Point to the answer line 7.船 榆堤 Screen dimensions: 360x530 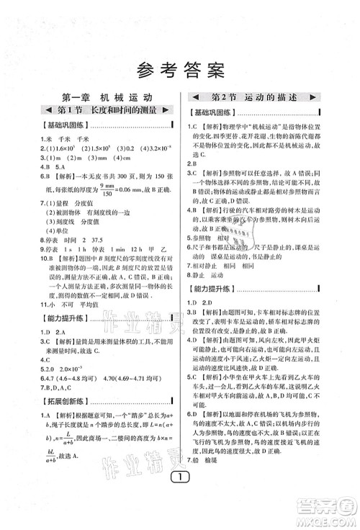click(213, 480)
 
